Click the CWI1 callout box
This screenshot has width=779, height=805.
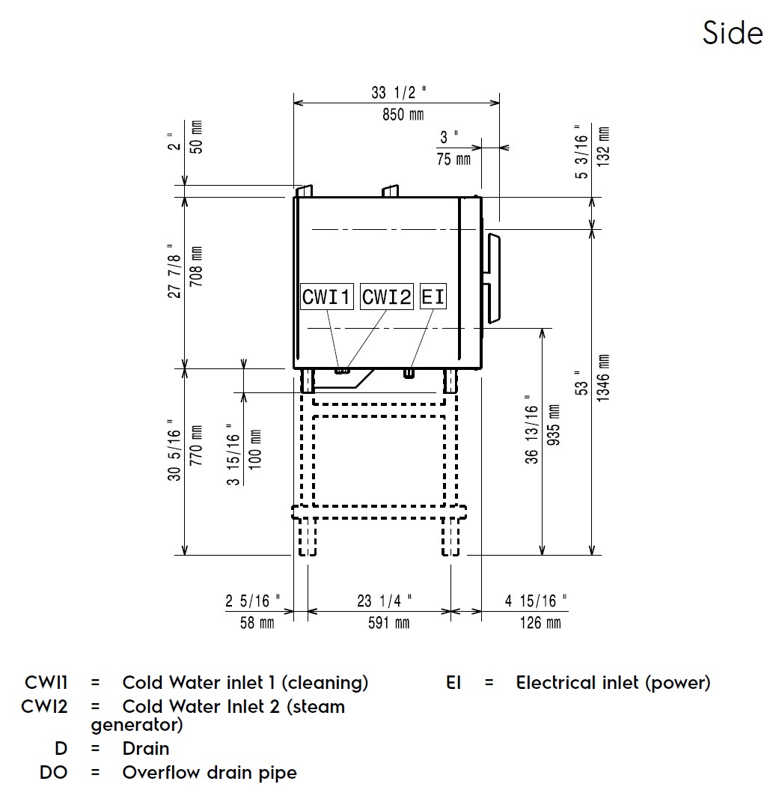(326, 297)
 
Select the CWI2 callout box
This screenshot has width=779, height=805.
(387, 297)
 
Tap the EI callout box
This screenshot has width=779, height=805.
(433, 297)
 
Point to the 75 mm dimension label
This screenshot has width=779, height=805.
(453, 160)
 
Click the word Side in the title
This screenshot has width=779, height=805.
(732, 33)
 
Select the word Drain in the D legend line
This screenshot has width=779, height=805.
(146, 748)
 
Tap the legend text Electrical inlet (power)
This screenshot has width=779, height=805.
(613, 682)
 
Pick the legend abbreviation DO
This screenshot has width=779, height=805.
(53, 772)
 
